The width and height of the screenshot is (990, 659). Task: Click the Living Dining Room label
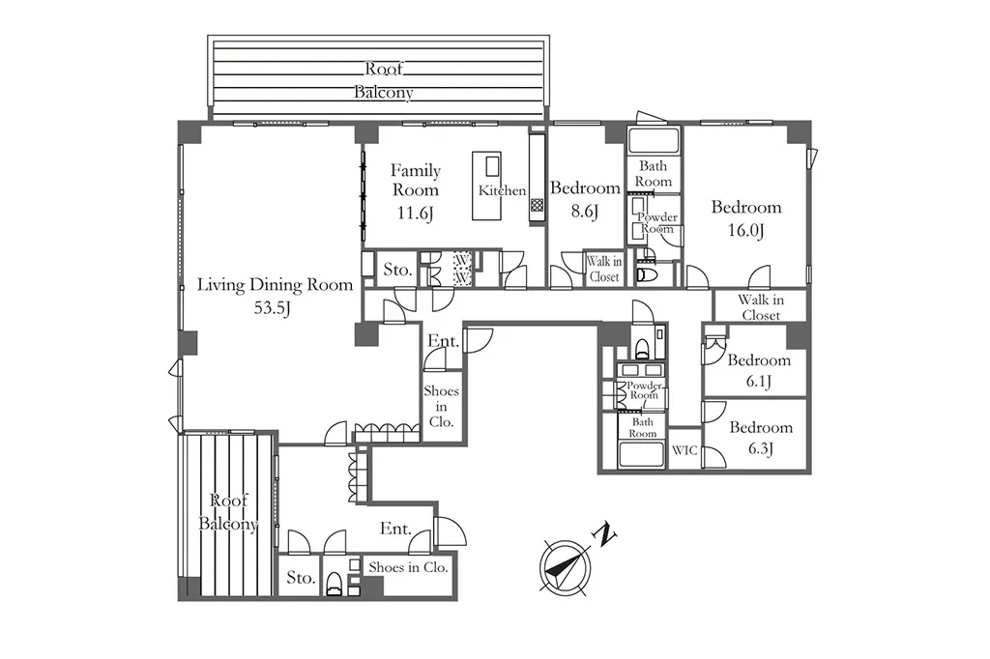coord(276,285)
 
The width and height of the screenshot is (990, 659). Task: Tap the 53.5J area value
coord(272,308)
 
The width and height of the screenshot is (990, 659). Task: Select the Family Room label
coord(416,180)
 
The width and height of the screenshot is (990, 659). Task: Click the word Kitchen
coord(502,190)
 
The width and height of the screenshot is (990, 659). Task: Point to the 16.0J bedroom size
coord(745,230)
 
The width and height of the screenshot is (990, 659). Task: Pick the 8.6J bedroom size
coord(585,211)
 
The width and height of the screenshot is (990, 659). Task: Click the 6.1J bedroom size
coord(758,382)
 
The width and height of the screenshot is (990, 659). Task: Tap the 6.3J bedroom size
coord(761,448)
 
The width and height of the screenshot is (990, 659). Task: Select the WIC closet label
coord(684,450)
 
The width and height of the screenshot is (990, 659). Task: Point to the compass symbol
coord(566,567)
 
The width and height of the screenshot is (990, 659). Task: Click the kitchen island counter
coord(487,186)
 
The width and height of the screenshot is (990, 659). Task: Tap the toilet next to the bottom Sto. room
coord(335,584)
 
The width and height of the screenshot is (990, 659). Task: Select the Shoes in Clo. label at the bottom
coord(409,567)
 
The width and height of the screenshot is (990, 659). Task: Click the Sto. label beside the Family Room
coord(397,271)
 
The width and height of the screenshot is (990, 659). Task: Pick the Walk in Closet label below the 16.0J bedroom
coord(761,307)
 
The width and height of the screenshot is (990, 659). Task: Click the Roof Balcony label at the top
coord(384,80)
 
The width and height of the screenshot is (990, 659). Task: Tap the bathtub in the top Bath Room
coord(654,140)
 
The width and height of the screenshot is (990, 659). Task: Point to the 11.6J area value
coord(416,213)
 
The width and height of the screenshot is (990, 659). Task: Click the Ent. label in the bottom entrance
coord(395,529)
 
